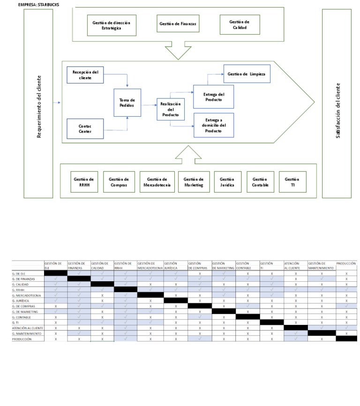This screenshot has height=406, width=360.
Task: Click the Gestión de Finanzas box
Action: coord(178,24)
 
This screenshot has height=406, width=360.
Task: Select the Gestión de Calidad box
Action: coord(239,24)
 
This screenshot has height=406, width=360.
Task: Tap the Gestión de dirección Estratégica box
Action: coord(112,25)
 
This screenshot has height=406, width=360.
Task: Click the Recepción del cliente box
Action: coord(85,75)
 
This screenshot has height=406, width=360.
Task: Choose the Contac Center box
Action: coord(85,129)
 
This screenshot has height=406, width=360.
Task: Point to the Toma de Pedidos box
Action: coord(127,103)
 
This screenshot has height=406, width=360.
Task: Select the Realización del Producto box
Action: coord(171,109)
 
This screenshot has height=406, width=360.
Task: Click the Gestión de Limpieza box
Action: coord(247,74)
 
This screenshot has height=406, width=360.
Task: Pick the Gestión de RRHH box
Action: coord(84,182)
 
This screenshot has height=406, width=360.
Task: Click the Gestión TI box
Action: coord(292,182)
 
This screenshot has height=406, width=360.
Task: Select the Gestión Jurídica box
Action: coord(227,182)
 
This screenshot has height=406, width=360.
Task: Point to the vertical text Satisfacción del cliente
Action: coord(337,110)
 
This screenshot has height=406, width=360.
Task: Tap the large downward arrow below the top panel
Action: coord(179,51)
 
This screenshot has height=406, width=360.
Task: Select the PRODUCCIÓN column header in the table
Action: coord(346,263)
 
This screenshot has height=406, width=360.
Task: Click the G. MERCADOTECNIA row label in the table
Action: coord(27,296)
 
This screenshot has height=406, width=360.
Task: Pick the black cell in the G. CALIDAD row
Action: coord(102,284)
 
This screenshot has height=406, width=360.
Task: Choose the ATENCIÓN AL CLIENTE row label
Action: coord(27,327)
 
